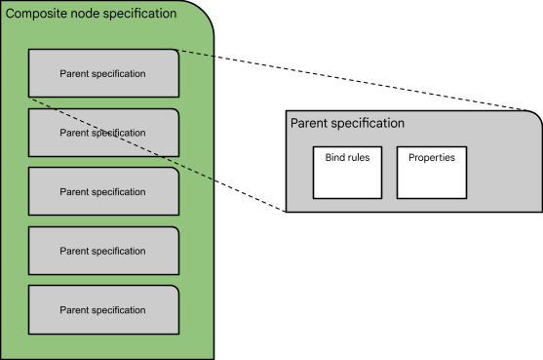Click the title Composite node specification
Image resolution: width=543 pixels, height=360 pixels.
(x=92, y=14)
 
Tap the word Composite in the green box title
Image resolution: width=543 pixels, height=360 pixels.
(x=37, y=14)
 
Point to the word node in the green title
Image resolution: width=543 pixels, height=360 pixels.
(x=86, y=14)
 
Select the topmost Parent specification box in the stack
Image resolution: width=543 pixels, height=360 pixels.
(x=103, y=74)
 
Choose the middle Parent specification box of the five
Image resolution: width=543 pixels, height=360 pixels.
(x=103, y=192)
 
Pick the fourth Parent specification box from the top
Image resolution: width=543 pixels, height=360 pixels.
(x=103, y=251)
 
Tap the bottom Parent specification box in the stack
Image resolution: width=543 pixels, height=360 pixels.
(x=103, y=309)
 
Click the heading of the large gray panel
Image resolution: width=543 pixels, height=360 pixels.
(x=347, y=124)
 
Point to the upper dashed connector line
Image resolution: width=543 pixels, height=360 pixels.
(x=195, y=54)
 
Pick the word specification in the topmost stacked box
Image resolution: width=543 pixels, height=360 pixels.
(x=119, y=74)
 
